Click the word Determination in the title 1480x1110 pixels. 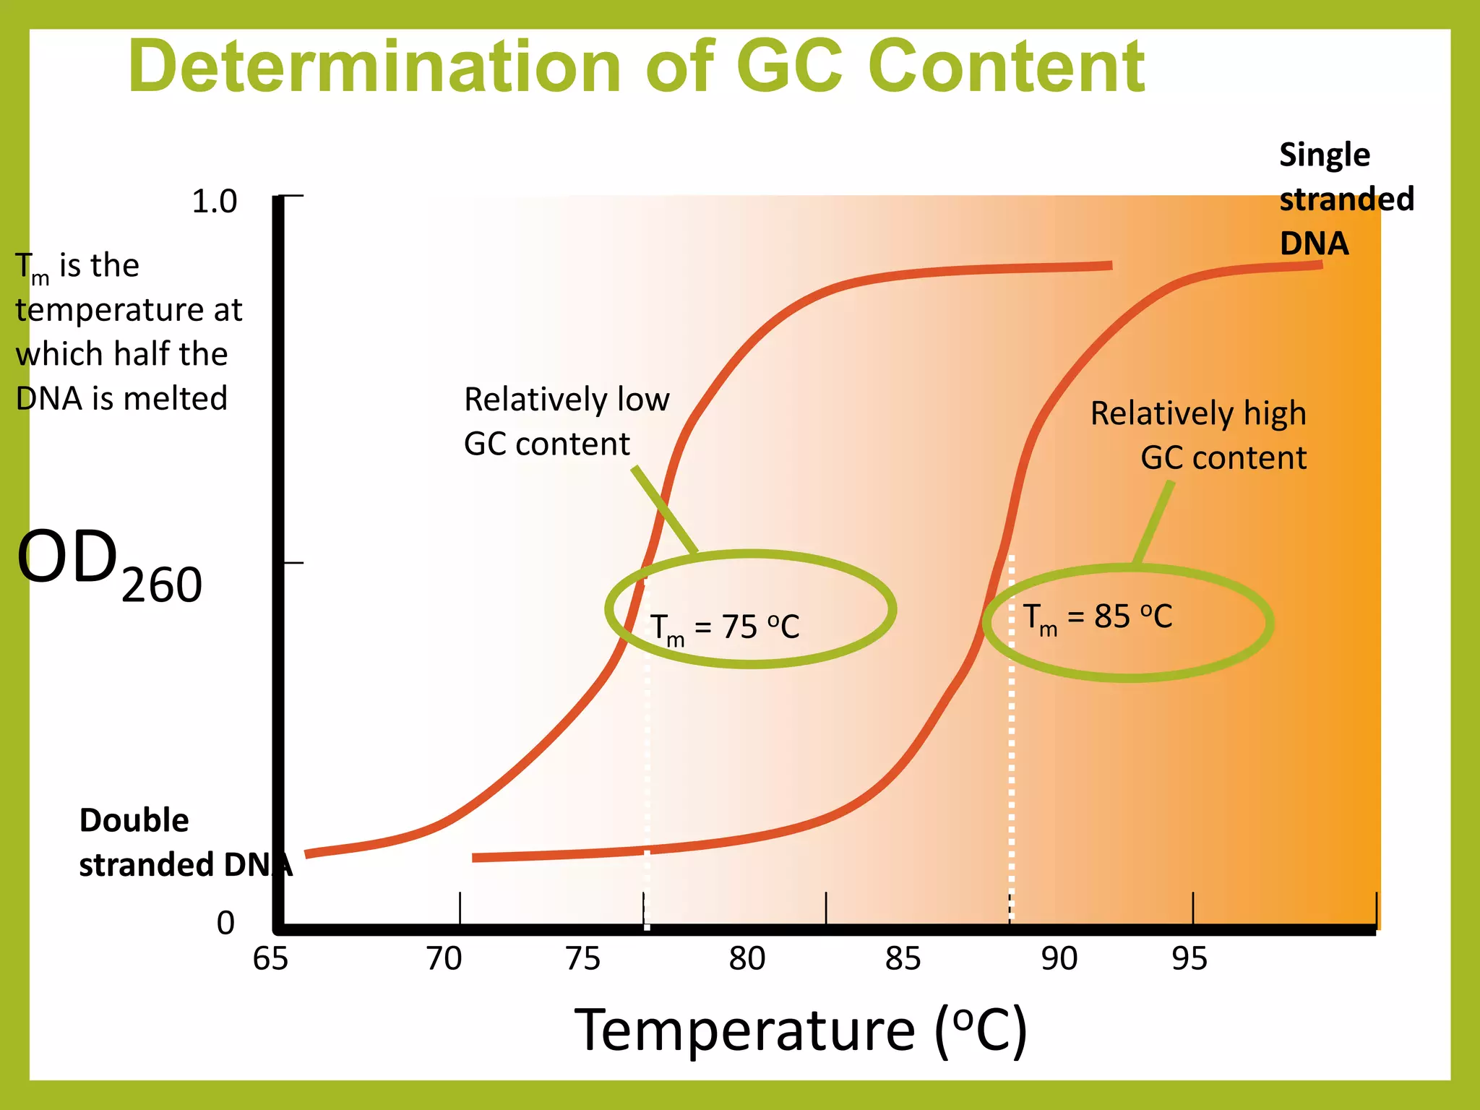click(x=374, y=66)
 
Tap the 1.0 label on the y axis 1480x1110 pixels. click(x=214, y=202)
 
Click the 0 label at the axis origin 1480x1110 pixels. click(x=225, y=923)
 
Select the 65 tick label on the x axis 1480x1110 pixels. click(x=270, y=959)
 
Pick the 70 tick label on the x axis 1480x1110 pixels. click(x=444, y=959)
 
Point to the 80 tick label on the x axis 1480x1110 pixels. click(x=747, y=959)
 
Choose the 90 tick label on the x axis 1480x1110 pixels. click(x=1059, y=959)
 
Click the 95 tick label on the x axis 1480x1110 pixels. click(x=1189, y=959)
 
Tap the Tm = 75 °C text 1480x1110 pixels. click(x=725, y=627)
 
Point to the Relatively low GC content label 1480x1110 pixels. click(x=566, y=421)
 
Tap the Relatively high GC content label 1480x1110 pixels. click(x=1198, y=436)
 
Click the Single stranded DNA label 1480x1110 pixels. click(x=1346, y=199)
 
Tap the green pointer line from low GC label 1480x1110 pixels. click(x=665, y=510)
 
